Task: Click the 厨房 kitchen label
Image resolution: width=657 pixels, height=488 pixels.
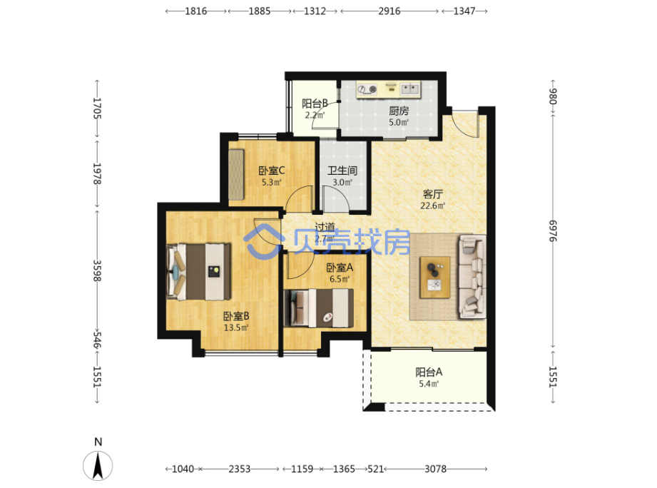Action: click(x=399, y=111)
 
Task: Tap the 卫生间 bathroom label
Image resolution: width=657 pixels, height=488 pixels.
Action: click(x=342, y=171)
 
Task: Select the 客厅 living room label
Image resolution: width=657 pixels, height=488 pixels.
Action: click(x=432, y=194)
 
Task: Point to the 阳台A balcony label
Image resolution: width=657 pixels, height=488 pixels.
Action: click(x=429, y=372)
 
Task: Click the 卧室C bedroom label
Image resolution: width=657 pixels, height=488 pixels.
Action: click(x=272, y=171)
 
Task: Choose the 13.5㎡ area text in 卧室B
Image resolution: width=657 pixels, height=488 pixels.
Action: click(x=236, y=327)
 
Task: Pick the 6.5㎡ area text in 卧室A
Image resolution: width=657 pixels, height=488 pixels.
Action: click(x=340, y=279)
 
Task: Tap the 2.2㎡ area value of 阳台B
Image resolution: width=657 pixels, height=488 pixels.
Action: click(x=315, y=115)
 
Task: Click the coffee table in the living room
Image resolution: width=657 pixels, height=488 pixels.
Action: click(x=435, y=278)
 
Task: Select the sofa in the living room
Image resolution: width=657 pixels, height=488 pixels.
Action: click(x=472, y=277)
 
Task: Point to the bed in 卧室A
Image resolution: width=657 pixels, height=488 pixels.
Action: click(x=318, y=308)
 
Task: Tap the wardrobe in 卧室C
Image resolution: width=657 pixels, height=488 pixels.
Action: click(x=236, y=174)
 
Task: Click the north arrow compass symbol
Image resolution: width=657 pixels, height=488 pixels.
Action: click(x=98, y=465)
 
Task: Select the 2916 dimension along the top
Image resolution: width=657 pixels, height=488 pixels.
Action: click(x=389, y=11)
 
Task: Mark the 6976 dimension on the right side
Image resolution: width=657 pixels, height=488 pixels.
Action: click(x=553, y=231)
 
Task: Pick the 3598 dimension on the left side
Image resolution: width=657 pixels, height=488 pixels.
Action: click(x=97, y=270)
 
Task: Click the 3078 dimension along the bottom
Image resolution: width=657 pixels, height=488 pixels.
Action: click(x=435, y=469)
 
